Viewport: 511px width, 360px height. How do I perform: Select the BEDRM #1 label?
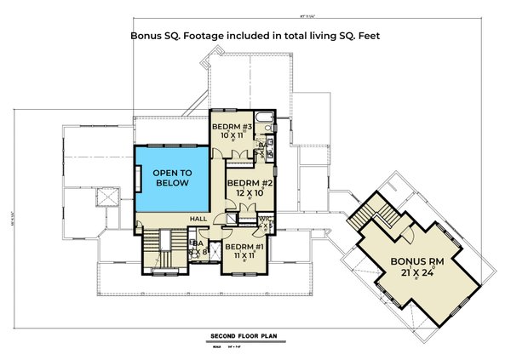239,246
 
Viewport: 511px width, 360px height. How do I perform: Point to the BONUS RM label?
418,260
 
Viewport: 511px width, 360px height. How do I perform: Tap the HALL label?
198,219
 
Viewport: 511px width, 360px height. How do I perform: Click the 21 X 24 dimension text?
418,273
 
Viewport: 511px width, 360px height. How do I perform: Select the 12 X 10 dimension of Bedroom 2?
244,193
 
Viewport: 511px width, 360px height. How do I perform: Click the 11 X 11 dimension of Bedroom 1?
239,254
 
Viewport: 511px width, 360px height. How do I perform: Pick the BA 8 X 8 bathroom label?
197,249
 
